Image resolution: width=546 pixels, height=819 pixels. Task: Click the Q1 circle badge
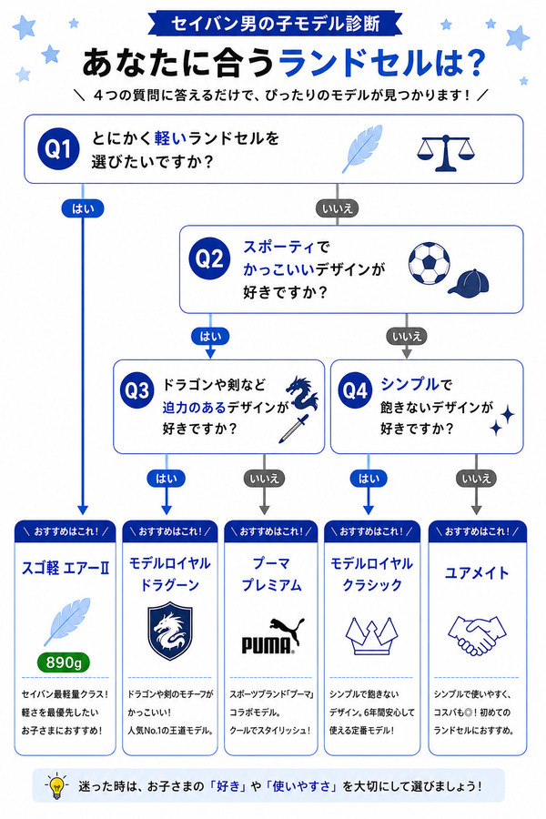coord(58,149)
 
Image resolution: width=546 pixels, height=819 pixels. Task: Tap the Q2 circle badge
coord(209,258)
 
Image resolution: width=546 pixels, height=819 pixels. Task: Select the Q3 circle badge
coord(136,390)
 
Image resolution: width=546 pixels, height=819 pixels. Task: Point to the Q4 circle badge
coord(355,389)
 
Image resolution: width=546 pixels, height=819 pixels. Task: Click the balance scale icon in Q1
coord(446,153)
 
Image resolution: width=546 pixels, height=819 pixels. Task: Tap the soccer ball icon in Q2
coord(429,263)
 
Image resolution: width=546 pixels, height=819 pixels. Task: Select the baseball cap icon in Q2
coord(469,284)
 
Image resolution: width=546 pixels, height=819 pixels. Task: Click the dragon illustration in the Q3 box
coord(302,392)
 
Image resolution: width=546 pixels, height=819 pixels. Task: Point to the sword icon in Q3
coord(293,429)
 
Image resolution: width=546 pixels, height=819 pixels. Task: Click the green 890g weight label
coord(64,662)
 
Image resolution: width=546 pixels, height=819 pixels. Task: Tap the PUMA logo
coord(273,636)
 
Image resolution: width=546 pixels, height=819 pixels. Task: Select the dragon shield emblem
coord(170,631)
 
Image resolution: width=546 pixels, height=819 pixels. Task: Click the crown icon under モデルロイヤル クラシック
coord(371,636)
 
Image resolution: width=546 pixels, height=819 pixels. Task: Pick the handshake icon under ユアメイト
coord(477,635)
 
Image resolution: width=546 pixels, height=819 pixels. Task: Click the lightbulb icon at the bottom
coord(56,785)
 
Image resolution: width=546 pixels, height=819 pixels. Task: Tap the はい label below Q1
coord(83,208)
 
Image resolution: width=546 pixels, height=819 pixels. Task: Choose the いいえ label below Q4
coord(476,478)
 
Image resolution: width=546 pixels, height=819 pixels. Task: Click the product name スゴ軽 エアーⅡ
coord(66,568)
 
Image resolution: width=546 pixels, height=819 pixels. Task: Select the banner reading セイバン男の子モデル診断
coord(275,24)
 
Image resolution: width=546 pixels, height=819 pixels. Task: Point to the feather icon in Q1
coord(362,148)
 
